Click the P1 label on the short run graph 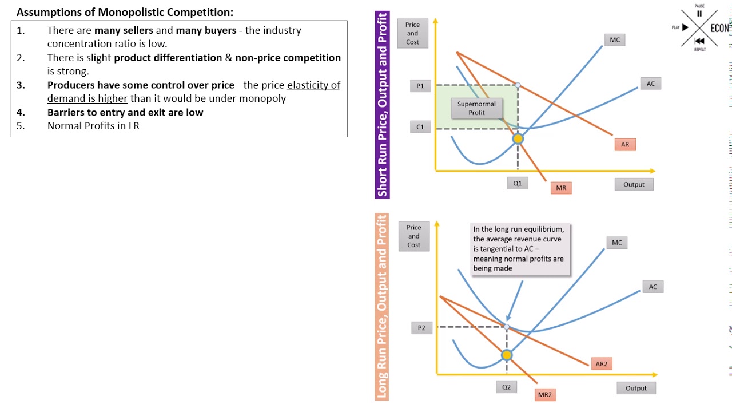[x=420, y=86]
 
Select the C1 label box [x=420, y=127]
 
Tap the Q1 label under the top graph [x=517, y=184]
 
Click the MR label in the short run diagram [x=561, y=188]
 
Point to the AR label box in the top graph [x=624, y=145]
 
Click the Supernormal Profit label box [x=476, y=108]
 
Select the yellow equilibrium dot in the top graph [x=518, y=138]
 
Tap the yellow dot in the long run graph [x=507, y=355]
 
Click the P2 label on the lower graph [x=421, y=328]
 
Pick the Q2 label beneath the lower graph [x=506, y=387]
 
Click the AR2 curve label [x=601, y=364]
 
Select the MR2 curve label [x=544, y=394]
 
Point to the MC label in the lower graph [x=616, y=243]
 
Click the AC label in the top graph [x=650, y=84]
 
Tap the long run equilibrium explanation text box [x=519, y=248]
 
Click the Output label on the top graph [x=634, y=184]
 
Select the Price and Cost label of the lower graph [x=413, y=236]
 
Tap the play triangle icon [x=685, y=27]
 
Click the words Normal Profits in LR [x=93, y=126]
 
